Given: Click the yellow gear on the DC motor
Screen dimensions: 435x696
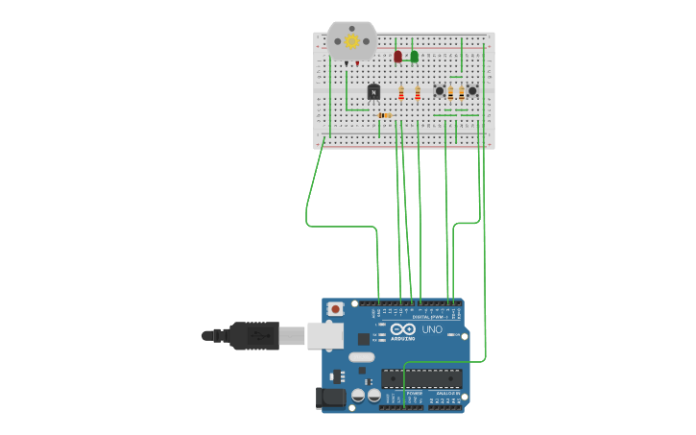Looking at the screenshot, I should click(351, 40).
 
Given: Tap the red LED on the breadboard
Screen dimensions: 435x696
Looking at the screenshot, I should click(397, 57).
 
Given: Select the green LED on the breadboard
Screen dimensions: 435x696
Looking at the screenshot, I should click(414, 57).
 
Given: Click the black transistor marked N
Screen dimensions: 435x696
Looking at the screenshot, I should click(373, 91).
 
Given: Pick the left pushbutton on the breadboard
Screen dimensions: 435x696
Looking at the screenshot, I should click(440, 91).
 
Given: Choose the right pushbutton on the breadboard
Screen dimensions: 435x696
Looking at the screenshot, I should click(471, 91).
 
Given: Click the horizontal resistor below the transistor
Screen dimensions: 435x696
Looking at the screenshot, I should click(385, 115).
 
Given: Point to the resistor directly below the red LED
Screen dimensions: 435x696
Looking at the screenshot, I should click(401, 93).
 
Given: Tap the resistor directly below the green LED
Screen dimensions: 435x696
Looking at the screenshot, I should click(418, 93).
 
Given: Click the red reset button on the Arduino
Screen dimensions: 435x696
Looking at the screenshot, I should click(335, 308).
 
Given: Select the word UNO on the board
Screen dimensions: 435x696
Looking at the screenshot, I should click(432, 329).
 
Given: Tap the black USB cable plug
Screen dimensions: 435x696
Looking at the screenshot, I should click(253, 335).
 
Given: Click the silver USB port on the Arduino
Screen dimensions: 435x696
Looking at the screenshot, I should click(325, 335).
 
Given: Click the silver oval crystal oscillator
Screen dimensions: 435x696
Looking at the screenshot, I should click(361, 357).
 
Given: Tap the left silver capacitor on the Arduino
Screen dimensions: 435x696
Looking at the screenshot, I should click(357, 394).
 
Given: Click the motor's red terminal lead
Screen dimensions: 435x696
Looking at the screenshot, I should click(357, 63).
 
